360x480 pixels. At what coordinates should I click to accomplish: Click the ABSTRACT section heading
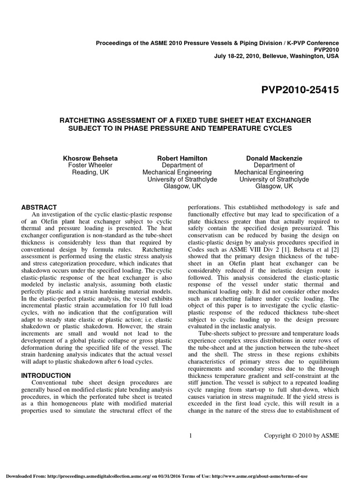pos(40,207)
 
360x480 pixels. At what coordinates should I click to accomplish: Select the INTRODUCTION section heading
pos(46,375)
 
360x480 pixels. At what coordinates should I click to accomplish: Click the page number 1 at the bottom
pos(191,435)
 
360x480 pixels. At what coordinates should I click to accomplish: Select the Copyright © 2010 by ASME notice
pos(301,435)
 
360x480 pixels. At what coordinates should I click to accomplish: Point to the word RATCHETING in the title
pos(85,120)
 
